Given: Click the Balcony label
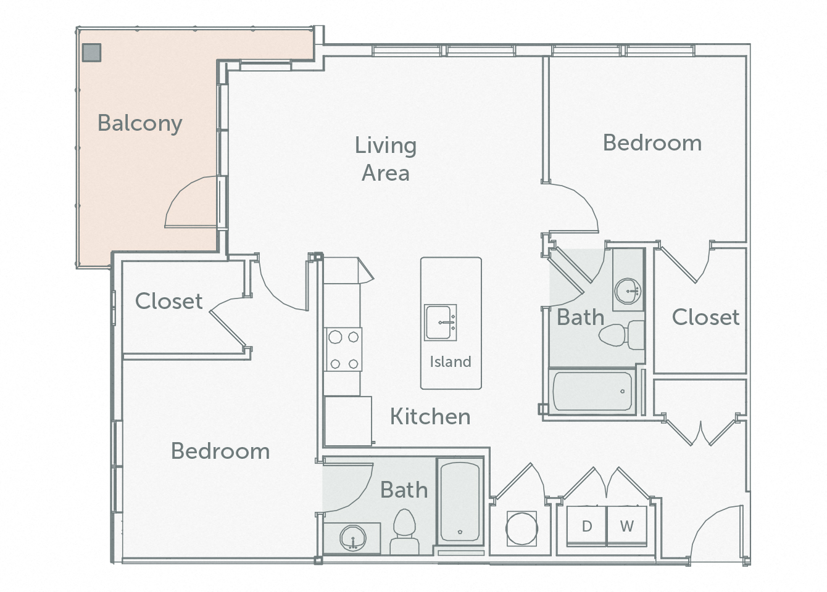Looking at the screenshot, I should pos(139,123).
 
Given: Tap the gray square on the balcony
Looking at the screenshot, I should pos(91,52).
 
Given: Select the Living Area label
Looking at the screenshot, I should pos(386,159).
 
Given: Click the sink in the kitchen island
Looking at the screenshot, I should pos(440,322).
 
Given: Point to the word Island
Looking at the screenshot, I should pos(451,362).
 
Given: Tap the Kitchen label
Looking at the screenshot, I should pos(430,417).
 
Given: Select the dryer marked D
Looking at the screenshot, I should pos(587,526).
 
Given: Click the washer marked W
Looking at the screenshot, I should pos(626,526).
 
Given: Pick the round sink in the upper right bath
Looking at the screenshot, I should pos(629,289).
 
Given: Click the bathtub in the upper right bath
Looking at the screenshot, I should pos(592,392).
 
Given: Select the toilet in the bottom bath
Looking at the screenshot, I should pos(405,532).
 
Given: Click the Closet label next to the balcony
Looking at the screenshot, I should pos(168,302).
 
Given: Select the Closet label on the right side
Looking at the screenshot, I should pos(705,318).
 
